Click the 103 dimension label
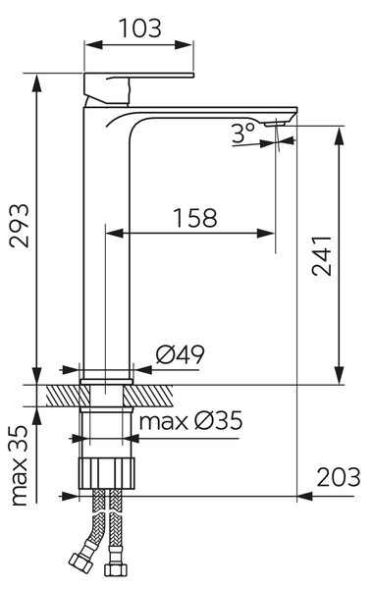[140, 28]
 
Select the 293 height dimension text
[20, 226]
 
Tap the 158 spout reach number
[195, 218]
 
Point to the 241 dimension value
[322, 256]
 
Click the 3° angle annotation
[243, 134]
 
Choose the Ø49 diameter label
[181, 354]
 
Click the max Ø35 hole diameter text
[190, 421]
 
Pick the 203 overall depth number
[339, 477]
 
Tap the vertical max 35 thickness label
[20, 465]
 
